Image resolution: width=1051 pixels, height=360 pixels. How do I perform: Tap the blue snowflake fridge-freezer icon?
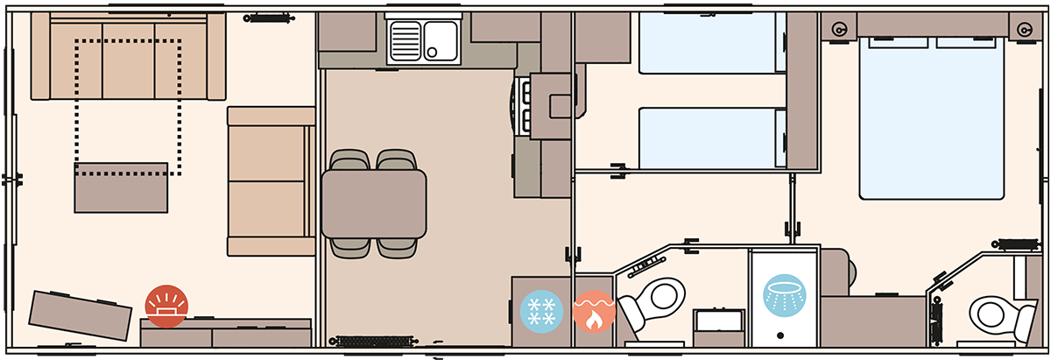click(x=541, y=313)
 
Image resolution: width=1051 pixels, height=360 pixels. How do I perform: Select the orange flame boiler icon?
click(x=594, y=313)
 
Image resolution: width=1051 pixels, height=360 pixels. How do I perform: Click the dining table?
click(x=374, y=203)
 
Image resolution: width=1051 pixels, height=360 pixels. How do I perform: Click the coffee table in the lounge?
click(x=121, y=187)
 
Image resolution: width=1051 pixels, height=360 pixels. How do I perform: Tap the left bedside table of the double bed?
click(x=841, y=30)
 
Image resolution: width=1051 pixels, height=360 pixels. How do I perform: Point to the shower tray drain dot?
click(x=779, y=335)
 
